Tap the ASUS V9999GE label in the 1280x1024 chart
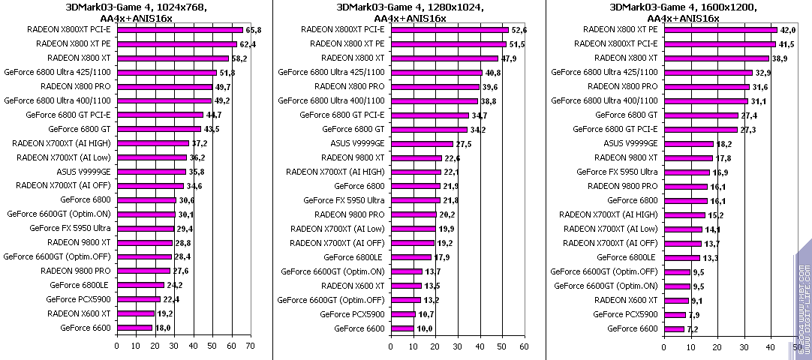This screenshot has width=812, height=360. (357, 143)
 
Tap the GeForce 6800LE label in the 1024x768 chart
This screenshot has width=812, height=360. (80, 285)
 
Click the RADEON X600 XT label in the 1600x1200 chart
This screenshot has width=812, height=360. (626, 300)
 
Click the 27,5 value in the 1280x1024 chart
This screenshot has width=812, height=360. (465, 143)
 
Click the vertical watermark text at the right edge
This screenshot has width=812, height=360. (802, 300)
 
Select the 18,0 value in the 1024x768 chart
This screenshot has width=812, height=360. (164, 328)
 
